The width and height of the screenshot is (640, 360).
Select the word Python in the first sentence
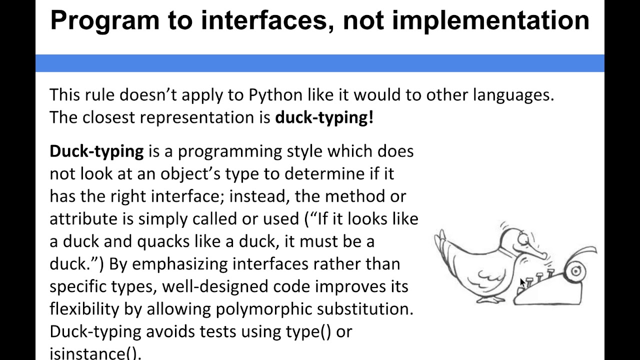[275, 94]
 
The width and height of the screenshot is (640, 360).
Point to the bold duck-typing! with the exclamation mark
[324, 117]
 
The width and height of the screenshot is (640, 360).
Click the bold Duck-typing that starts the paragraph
[96, 151]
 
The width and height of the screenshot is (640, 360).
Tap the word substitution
[364, 309]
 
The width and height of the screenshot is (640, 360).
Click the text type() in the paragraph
[308, 331]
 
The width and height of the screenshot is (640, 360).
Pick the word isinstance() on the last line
[95, 352]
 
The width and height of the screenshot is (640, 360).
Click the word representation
[204, 117]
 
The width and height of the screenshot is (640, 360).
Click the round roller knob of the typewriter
[576, 271]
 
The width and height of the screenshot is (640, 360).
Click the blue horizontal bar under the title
[320, 63]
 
